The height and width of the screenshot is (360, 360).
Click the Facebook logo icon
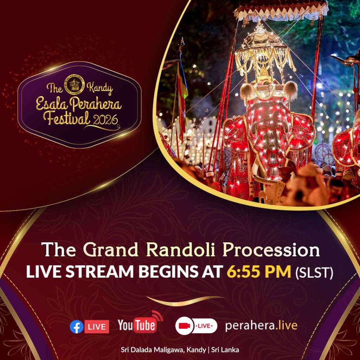[76, 327]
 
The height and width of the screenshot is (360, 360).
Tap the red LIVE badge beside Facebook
[97, 327]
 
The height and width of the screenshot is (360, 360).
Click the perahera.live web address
[261, 326]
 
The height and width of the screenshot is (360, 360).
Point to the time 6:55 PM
[259, 272]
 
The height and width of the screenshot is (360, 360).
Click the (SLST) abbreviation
[314, 272]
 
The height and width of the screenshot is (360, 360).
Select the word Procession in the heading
[271, 250]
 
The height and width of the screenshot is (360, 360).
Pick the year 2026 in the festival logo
[105, 120]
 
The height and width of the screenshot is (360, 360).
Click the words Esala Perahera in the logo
[78, 104]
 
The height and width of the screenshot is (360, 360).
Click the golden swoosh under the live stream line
[185, 300]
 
